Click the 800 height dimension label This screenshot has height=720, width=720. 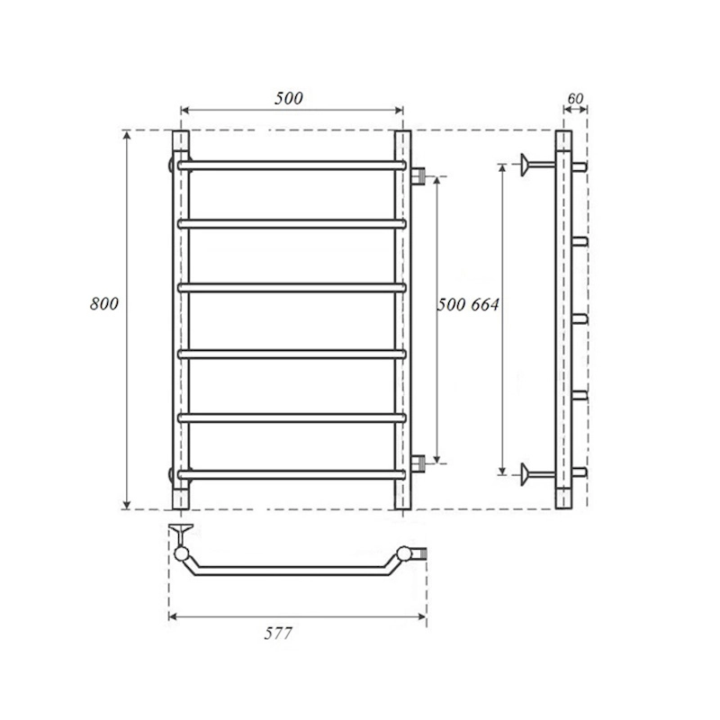(104, 304)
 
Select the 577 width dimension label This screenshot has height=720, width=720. (278, 634)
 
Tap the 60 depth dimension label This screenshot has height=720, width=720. (575, 99)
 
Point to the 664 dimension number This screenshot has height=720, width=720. (484, 304)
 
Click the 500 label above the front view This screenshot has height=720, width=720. (289, 98)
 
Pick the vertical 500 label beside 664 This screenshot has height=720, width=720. (452, 304)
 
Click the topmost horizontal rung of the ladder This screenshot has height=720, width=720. (292, 166)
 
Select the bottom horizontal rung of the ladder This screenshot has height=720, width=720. (292, 474)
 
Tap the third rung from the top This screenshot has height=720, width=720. (292, 288)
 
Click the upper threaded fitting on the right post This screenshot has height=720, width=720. (418, 175)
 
